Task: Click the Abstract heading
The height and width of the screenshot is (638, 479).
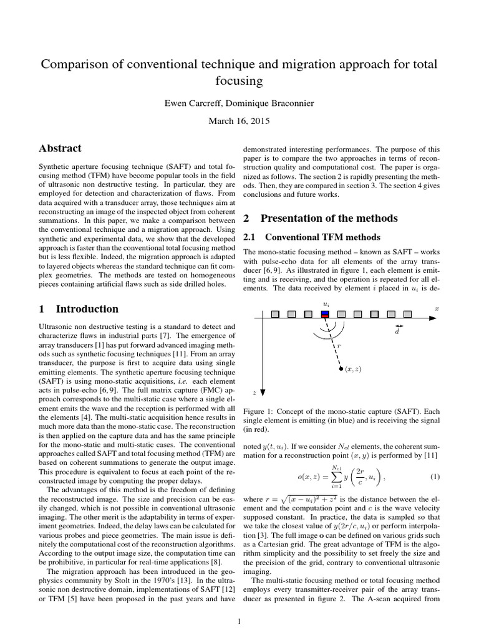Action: (x=60, y=149)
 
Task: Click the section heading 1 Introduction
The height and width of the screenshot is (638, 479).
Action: (x=78, y=309)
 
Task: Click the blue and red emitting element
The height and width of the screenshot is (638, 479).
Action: (x=325, y=313)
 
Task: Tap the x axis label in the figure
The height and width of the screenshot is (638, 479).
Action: (x=437, y=308)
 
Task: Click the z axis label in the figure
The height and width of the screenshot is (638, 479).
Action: (x=254, y=393)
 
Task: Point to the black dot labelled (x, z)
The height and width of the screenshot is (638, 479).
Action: (x=341, y=369)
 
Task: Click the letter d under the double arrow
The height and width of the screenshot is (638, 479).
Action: (x=397, y=332)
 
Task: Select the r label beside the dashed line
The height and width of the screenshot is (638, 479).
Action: (x=339, y=345)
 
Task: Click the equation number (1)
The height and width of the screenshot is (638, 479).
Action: (x=435, y=477)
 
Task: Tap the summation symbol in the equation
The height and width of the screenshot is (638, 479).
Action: (x=336, y=477)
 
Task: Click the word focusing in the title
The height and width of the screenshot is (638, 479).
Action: (x=239, y=81)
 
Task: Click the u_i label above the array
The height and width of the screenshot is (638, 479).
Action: (x=326, y=304)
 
